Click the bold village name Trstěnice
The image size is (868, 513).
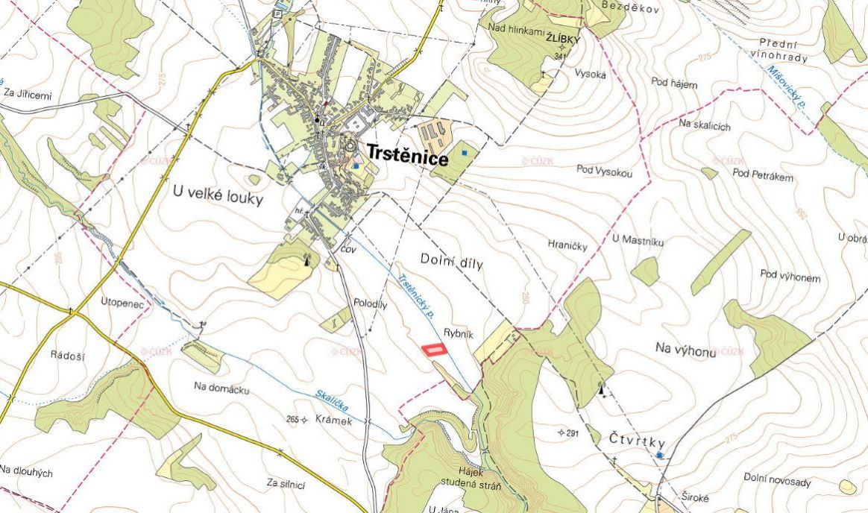point(406,159)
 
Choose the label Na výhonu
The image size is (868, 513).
point(685,350)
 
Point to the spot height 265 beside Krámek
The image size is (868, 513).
point(292,420)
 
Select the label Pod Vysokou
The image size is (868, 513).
point(604,171)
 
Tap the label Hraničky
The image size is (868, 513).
point(567,245)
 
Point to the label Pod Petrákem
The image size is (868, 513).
point(762,176)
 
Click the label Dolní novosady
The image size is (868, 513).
point(777,482)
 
